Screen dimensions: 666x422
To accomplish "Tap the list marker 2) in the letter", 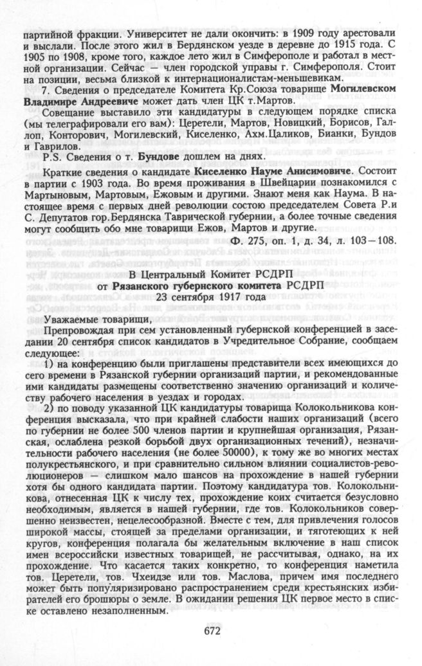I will tap(50, 410).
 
